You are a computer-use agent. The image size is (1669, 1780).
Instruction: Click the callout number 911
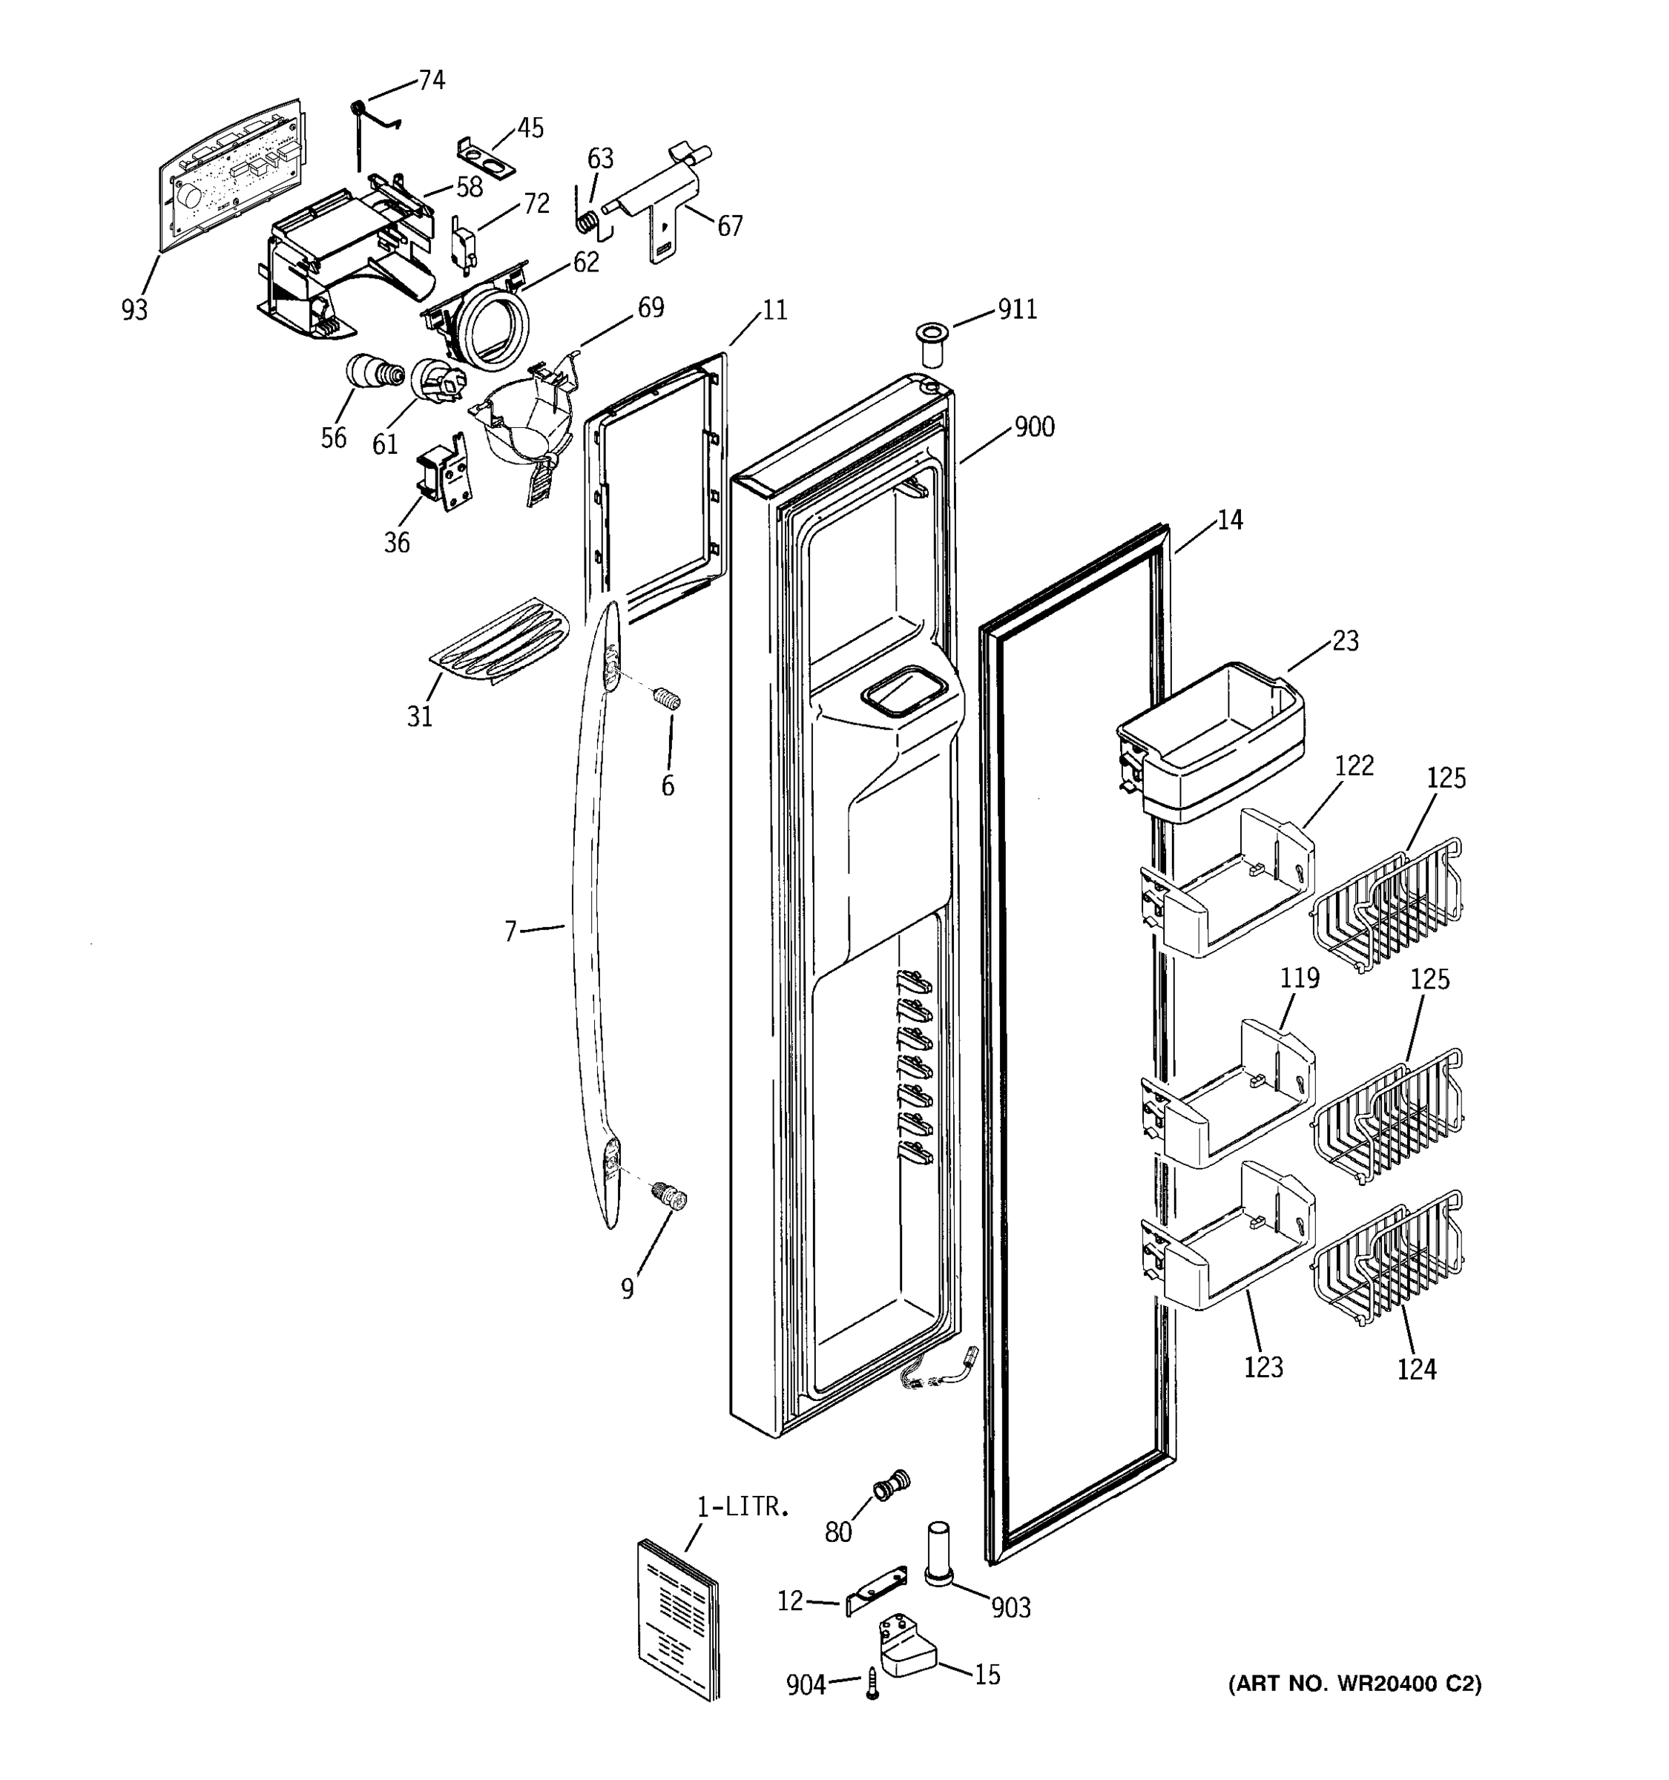click(x=1017, y=310)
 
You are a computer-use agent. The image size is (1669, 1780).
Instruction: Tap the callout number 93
click(x=134, y=311)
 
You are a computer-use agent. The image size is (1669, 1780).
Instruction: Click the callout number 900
click(x=1034, y=427)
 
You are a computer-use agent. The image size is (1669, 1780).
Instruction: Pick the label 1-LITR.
click(x=743, y=1507)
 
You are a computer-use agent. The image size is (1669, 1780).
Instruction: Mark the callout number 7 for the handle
click(x=510, y=932)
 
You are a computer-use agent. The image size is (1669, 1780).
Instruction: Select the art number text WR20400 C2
click(x=1354, y=1684)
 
